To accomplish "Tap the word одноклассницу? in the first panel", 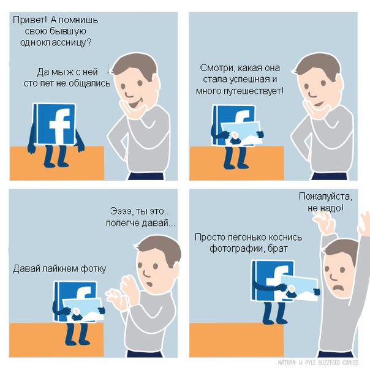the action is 56,43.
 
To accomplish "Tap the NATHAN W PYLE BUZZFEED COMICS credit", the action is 318,363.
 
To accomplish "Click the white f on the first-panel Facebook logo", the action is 59,126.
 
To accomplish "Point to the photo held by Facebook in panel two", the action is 241,134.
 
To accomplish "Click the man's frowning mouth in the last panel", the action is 338,289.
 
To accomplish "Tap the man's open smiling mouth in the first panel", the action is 134,104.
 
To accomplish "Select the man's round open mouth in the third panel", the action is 149,283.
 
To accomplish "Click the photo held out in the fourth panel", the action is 300,288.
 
